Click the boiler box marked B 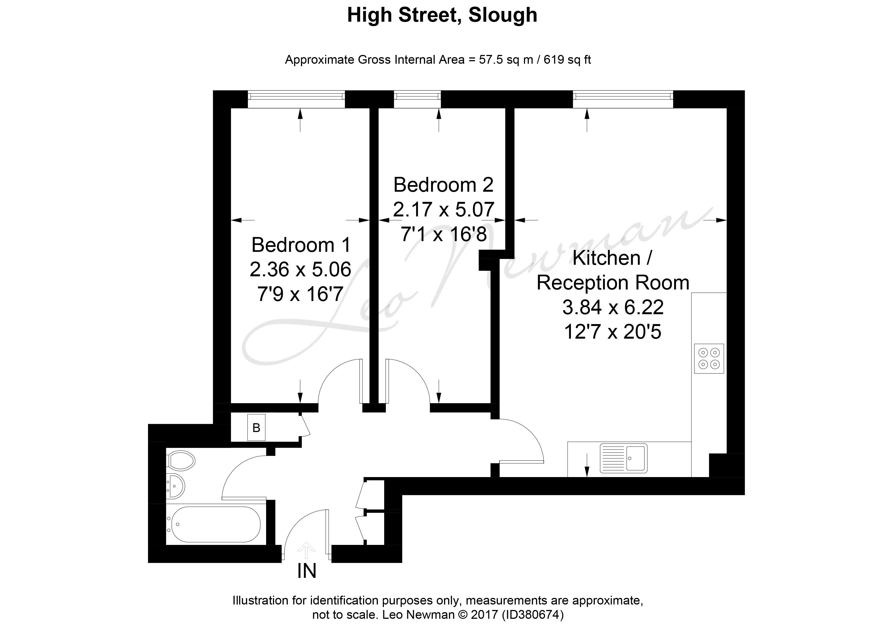pyautogui.click(x=256, y=428)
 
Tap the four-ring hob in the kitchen pyautogui.click(x=709, y=358)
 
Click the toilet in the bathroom pyautogui.click(x=180, y=460)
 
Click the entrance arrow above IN pyautogui.click(x=307, y=551)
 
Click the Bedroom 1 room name pyautogui.click(x=301, y=245)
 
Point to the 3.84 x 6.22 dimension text pyautogui.click(x=613, y=307)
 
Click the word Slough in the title pyautogui.click(x=503, y=15)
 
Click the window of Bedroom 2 pyautogui.click(x=417, y=99)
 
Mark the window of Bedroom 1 pyautogui.click(x=296, y=99)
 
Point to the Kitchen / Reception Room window pyautogui.click(x=623, y=99)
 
